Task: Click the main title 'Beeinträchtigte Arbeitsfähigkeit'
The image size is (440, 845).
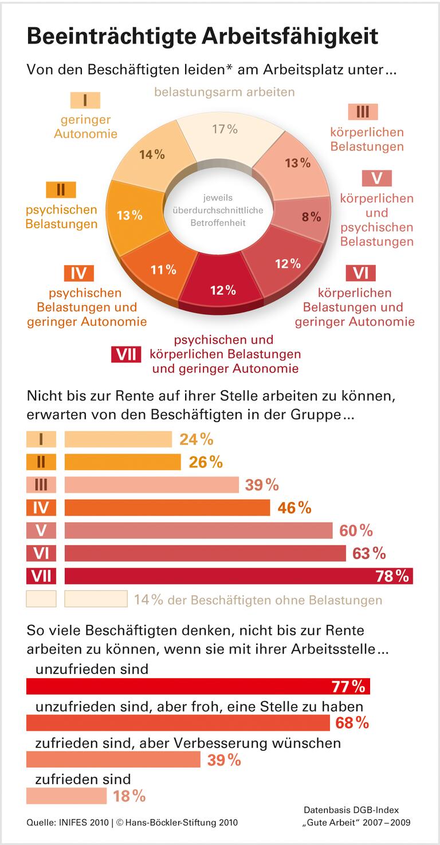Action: pyautogui.click(x=202, y=36)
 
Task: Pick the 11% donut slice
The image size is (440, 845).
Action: pyautogui.click(x=163, y=269)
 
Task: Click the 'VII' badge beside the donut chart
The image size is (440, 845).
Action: pyautogui.click(x=126, y=354)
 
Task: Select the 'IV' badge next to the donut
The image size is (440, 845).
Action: pyautogui.click(x=78, y=273)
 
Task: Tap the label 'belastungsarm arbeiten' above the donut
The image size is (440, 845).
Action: pyautogui.click(x=224, y=92)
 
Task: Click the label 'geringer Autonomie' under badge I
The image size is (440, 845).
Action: pyautogui.click(x=85, y=127)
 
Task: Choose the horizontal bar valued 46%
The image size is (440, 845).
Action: pyautogui.click(x=167, y=508)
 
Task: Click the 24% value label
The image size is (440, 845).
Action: pyautogui.click(x=196, y=439)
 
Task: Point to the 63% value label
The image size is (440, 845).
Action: pyautogui.click(x=370, y=554)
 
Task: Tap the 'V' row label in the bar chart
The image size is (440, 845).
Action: pyautogui.click(x=41, y=531)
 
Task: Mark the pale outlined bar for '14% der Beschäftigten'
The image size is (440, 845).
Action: pyautogui.click(x=96, y=599)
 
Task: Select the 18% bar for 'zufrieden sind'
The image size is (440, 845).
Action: pyautogui.click(x=66, y=796)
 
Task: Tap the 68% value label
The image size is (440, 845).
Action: pyautogui.click(x=352, y=723)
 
